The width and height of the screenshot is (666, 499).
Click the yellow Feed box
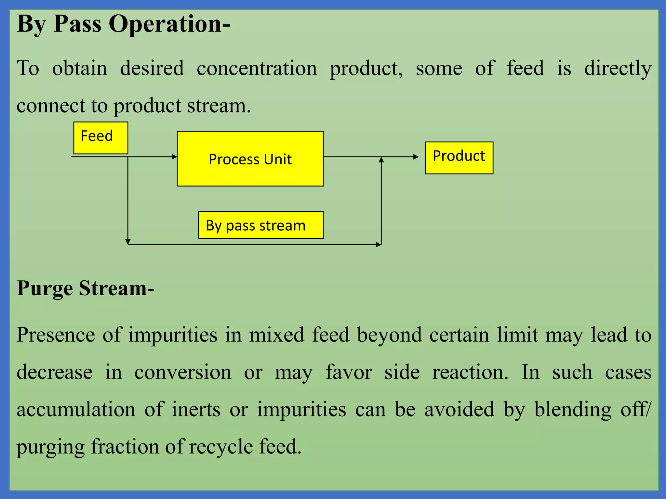point(100,138)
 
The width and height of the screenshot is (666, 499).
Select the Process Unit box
point(250,159)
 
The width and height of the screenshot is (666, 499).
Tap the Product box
point(459,158)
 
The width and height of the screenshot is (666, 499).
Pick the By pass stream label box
point(261,225)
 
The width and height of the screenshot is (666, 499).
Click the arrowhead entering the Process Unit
point(174,157)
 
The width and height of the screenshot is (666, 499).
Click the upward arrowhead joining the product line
point(381,160)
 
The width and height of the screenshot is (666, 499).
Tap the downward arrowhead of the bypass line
point(128,242)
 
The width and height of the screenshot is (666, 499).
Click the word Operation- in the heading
point(169,24)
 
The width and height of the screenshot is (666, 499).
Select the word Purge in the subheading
point(45,288)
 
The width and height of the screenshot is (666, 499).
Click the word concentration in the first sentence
point(257,69)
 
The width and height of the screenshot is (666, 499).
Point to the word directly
point(618,69)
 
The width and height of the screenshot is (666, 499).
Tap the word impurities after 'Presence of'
point(173,335)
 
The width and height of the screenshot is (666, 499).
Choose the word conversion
point(183,372)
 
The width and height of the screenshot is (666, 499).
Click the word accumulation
point(76,409)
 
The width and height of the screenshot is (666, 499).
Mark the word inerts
point(196,409)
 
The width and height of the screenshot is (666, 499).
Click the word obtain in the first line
point(80,69)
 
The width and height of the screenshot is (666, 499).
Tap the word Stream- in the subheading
point(116,288)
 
